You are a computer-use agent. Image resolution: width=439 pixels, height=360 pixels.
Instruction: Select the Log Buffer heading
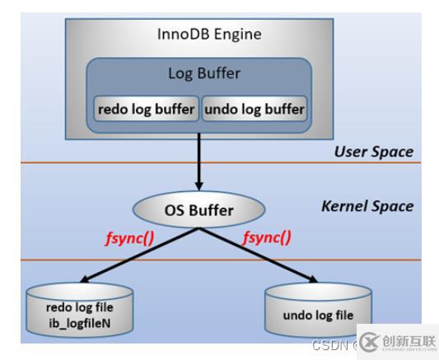[203, 73]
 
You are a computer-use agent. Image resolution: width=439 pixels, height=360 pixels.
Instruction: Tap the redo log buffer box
[147, 109]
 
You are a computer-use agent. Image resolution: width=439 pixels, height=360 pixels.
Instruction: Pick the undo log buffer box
[254, 109]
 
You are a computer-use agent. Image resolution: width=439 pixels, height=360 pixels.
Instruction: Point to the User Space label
[373, 152]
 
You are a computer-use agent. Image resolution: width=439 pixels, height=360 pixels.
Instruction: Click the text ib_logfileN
[81, 324]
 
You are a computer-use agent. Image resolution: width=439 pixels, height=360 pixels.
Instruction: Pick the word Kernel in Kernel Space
[343, 205]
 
